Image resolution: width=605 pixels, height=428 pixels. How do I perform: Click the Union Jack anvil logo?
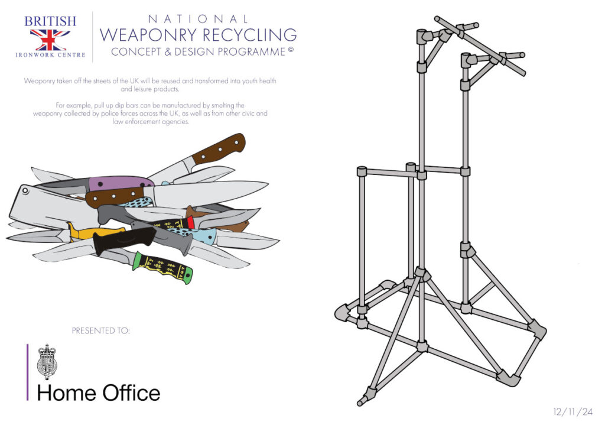click(x=50, y=40)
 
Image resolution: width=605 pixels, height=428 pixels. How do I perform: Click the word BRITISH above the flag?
click(x=50, y=21)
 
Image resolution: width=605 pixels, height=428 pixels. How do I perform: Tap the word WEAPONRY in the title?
click(x=148, y=35)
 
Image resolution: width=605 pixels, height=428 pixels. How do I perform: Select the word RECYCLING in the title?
click(x=250, y=35)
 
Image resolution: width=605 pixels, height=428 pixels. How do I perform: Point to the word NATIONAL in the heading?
click(x=198, y=19)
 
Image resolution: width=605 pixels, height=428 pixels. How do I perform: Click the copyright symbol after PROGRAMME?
click(x=291, y=50)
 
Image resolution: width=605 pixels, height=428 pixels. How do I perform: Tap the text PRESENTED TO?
click(x=100, y=330)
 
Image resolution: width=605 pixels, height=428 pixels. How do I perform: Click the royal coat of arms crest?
click(x=47, y=362)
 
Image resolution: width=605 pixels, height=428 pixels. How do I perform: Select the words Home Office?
click(x=99, y=393)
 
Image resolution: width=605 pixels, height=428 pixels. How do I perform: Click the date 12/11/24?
click(x=573, y=412)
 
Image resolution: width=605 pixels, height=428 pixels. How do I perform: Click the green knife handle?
click(x=163, y=267)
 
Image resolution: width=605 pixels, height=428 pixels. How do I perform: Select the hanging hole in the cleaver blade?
click(x=25, y=190)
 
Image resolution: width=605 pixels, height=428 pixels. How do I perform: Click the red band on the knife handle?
click(x=191, y=222)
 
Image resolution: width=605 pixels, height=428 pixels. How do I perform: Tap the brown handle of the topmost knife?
click(x=219, y=148)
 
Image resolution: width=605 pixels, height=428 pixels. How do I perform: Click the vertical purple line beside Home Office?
click(x=27, y=372)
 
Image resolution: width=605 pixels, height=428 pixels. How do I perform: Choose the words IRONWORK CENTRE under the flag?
click(x=50, y=55)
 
